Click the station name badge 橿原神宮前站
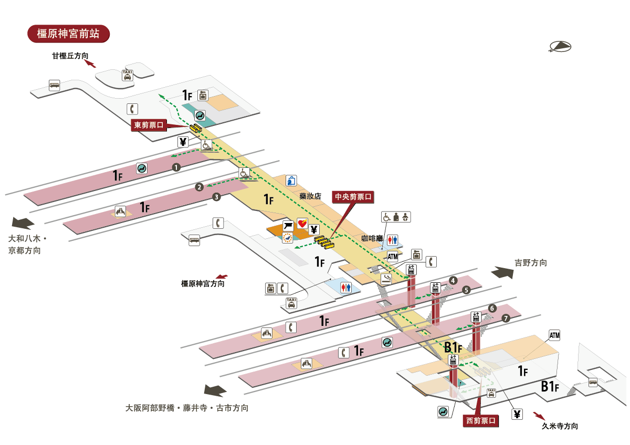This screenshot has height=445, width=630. coord(68,34)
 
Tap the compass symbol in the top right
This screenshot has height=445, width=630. coord(560,47)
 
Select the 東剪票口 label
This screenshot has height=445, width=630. coord(149,125)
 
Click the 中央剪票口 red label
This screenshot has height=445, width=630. coord(353,197)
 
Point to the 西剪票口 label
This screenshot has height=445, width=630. coord(480,420)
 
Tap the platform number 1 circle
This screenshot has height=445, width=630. coord(176,167)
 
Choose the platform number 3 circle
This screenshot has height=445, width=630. coord(216,197)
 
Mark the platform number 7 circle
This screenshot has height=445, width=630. coord(506,318)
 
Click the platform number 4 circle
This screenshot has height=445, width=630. coord(453,281)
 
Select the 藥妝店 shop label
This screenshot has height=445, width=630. coord(310,195)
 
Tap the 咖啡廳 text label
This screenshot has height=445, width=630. coord(371,238)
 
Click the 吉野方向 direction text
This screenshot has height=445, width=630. coord(531,263)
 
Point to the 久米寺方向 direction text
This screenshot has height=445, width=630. coord(560,426)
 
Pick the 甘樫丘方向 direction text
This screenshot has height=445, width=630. coord(69,56)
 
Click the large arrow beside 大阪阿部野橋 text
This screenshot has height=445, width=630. coord(215,391)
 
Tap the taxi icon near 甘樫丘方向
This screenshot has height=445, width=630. coord(127,75)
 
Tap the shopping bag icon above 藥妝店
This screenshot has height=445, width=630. coord(291,181)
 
